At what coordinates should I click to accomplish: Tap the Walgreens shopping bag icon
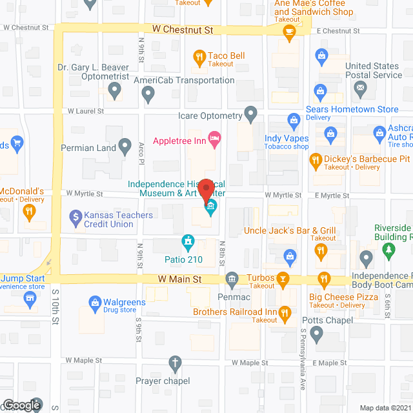tap(95, 302)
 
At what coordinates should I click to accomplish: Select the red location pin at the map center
tap(206, 192)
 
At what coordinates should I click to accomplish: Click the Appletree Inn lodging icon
tap(215, 138)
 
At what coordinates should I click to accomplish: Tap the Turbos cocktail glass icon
tap(282, 279)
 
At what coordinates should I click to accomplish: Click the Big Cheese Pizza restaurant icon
tap(324, 279)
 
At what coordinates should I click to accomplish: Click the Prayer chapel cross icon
tap(174, 363)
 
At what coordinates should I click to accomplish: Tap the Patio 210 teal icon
tap(188, 243)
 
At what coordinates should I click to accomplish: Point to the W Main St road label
tap(181, 279)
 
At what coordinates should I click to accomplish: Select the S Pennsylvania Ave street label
tap(303, 365)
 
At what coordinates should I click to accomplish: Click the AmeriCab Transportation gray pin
tap(147, 94)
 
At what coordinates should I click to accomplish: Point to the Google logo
tap(21, 405)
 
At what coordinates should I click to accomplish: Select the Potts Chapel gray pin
tap(316, 334)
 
